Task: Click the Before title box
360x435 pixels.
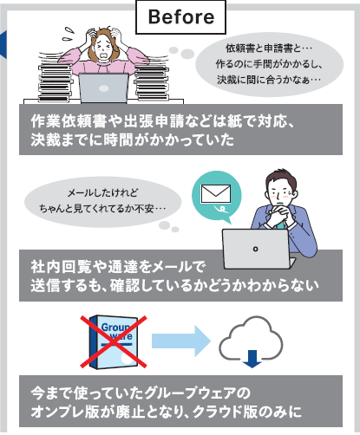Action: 180,16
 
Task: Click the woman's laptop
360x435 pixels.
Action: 103,88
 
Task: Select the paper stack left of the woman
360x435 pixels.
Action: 55,82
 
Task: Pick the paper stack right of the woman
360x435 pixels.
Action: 151,83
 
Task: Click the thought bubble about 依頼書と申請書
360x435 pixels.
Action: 269,64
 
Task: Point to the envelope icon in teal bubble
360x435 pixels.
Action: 216,194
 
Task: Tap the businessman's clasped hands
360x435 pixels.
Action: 278,214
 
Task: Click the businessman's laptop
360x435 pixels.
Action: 258,249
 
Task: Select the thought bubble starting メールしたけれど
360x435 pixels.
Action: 102,202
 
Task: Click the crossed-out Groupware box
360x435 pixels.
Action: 114,341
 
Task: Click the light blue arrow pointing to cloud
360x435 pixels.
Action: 181,341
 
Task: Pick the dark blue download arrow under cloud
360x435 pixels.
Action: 252,359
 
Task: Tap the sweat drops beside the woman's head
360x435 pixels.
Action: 69,34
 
